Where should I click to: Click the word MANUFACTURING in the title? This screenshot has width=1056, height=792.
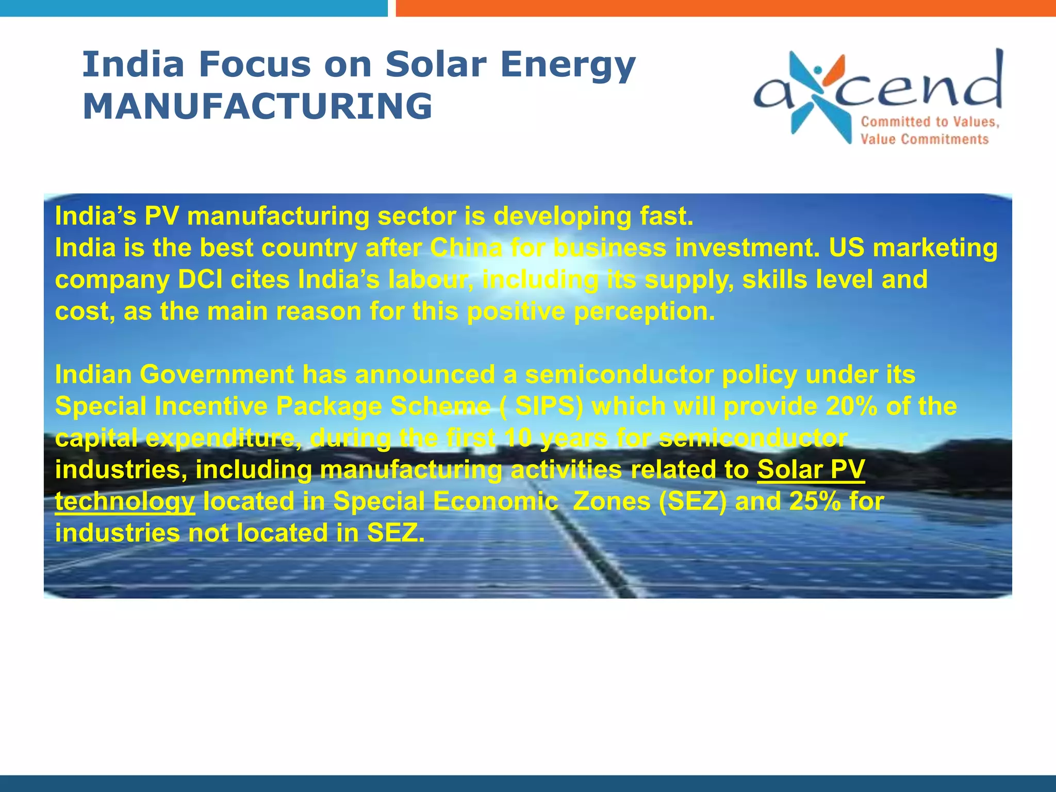coord(257,106)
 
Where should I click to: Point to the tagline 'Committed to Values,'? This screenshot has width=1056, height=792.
coord(930,122)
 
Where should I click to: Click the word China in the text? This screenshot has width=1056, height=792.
coord(466,248)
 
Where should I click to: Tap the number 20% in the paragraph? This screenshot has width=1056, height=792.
coord(851,406)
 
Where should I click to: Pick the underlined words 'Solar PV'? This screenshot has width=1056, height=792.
coord(811,470)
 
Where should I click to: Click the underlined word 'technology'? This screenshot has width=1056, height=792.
coord(125,501)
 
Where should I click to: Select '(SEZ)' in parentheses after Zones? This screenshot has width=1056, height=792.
coord(692,501)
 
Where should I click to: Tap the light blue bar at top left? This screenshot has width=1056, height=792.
coord(193,8)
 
